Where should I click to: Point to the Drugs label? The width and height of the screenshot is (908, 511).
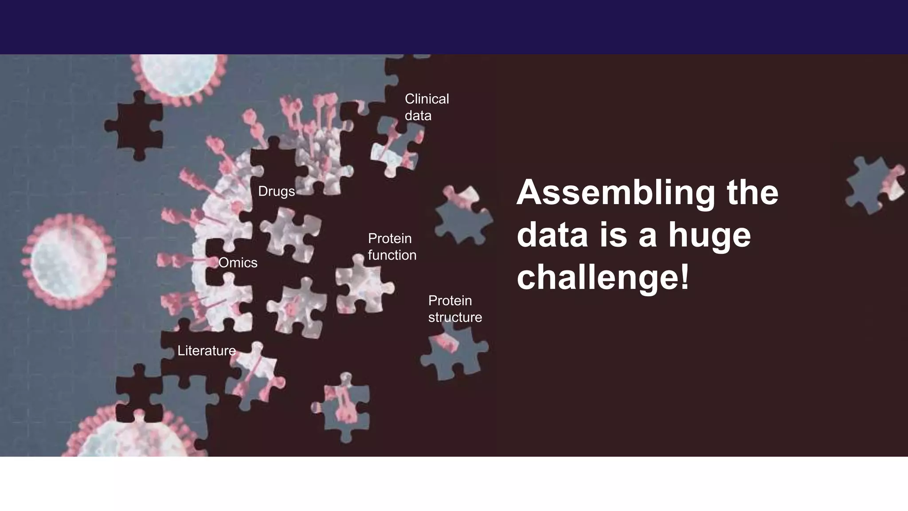tap(276, 191)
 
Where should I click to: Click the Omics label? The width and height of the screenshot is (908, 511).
tap(238, 263)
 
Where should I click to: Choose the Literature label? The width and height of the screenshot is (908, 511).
tap(207, 350)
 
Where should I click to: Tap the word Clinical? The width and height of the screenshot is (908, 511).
tap(427, 98)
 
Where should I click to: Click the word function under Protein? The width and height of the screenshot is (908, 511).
tap(392, 255)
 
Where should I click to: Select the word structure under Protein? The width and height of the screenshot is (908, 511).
tap(455, 317)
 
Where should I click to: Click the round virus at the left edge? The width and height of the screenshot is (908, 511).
tap(69, 262)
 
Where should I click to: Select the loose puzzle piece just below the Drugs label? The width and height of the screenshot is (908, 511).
tap(290, 233)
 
